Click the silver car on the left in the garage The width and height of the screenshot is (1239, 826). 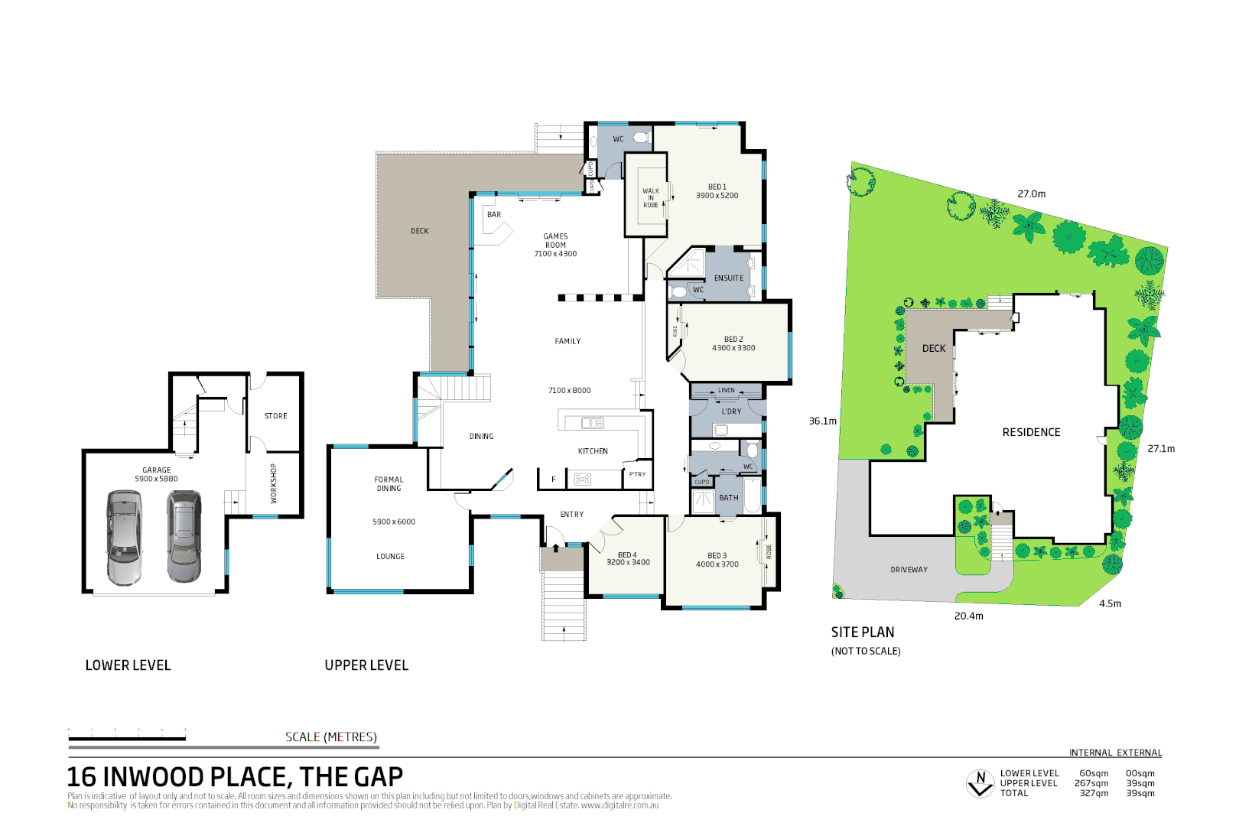coord(124,538)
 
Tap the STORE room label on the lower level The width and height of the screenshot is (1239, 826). coord(275,416)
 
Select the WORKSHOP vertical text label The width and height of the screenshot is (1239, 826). coord(273,483)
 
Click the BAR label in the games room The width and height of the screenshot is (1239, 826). coord(494,215)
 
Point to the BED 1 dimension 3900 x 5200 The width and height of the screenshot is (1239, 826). coord(717,196)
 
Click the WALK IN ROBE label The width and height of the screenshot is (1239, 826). coord(650,198)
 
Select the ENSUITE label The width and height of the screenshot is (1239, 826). coord(728,278)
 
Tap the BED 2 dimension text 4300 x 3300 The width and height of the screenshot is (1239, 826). coord(733,348)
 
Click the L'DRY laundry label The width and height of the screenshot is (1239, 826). coord(731,411)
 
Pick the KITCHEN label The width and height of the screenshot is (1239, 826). coord(593,451)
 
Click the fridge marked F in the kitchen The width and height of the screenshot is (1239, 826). coord(553,480)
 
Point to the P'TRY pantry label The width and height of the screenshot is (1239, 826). coord(637,474)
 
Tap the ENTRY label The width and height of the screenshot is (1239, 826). coord(571,515)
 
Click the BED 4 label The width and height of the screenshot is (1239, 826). coord(627,555)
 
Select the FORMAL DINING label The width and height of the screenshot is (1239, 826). coord(389,484)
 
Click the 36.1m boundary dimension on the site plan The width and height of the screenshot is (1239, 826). coord(822,421)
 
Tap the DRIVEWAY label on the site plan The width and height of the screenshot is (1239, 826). coord(909,570)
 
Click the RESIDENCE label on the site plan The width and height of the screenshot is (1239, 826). coord(1031,432)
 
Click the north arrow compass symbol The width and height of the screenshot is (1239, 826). coord(980,783)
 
